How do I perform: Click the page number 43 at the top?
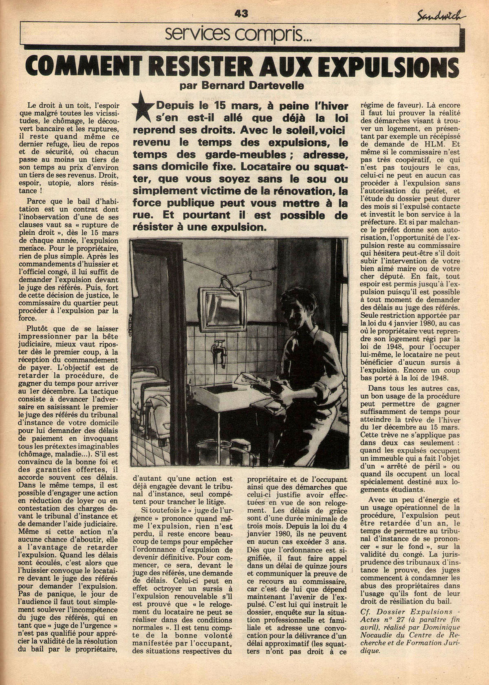241,13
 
